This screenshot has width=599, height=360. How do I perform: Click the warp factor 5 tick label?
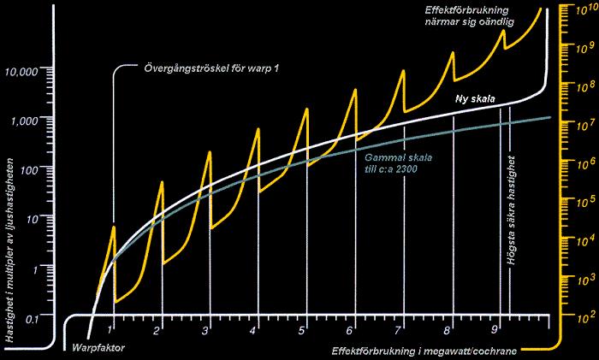click(x=302, y=329)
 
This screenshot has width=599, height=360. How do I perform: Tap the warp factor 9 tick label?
click(x=494, y=329)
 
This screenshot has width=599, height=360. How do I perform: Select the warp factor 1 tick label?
click(x=110, y=329)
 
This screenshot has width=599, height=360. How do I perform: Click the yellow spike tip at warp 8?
click(x=453, y=52)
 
